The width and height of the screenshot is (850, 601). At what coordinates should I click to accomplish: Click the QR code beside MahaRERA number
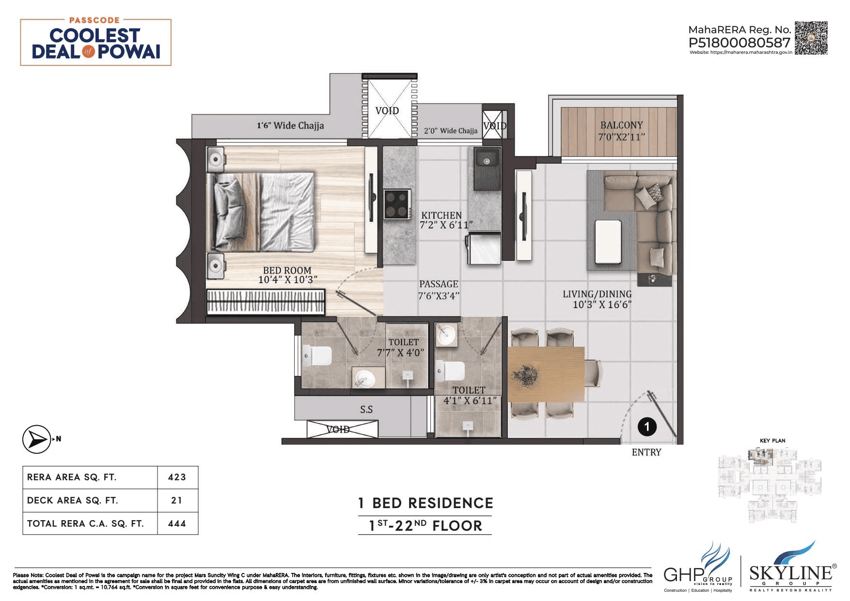(x=811, y=38)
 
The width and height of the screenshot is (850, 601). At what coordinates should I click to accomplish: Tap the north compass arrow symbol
(x=36, y=439)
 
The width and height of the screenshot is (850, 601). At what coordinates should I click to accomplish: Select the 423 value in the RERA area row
(x=177, y=477)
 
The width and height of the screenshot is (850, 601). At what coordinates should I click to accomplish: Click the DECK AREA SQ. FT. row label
(x=73, y=500)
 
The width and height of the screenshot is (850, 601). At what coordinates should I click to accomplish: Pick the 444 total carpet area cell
(x=177, y=524)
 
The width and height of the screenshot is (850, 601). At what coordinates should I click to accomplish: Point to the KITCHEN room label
(x=441, y=215)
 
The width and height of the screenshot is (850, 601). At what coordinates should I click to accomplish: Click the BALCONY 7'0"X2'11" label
(x=621, y=131)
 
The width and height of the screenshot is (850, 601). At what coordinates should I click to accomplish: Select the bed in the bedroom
(x=261, y=212)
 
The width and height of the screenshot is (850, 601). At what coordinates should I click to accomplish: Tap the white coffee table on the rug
(x=608, y=241)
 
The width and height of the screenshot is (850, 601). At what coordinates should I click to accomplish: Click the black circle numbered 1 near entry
(x=646, y=427)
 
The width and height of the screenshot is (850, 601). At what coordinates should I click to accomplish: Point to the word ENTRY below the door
(x=646, y=452)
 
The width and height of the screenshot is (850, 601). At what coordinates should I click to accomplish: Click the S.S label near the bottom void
(x=366, y=410)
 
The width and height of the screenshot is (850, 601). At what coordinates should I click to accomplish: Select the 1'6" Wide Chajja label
(x=290, y=126)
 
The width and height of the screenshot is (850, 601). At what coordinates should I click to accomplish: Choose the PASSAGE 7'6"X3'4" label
(x=439, y=290)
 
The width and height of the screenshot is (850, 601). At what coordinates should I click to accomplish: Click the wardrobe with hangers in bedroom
(x=266, y=302)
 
